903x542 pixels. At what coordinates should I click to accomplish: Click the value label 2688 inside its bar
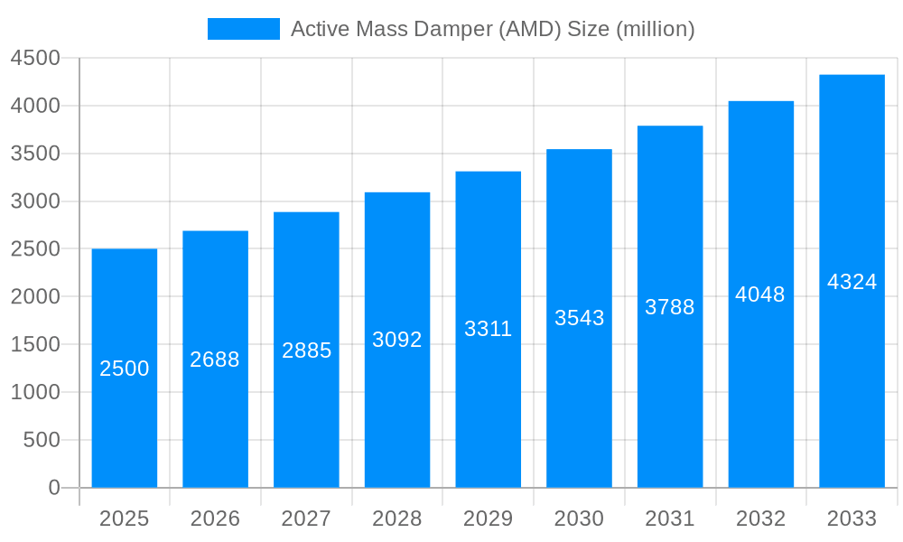(215, 360)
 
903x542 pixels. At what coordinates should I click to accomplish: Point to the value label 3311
(488, 329)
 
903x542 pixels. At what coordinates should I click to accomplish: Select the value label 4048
(760, 294)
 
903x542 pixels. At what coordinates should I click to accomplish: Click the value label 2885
(306, 350)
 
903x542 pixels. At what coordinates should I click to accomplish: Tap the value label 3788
(670, 307)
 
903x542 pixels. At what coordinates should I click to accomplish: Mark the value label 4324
(852, 282)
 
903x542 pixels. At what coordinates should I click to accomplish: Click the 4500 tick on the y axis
(35, 59)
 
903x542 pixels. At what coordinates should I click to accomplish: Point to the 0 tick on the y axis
(53, 488)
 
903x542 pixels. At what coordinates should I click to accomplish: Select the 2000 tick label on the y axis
(35, 297)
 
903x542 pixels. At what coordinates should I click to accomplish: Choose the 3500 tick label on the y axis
(35, 154)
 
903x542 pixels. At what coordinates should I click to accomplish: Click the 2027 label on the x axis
(306, 519)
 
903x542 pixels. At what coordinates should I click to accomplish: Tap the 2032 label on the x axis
(760, 519)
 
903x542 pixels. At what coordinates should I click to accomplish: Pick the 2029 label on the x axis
(488, 519)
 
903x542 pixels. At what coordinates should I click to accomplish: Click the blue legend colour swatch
(244, 29)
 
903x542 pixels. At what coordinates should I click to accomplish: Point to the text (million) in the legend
(656, 29)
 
